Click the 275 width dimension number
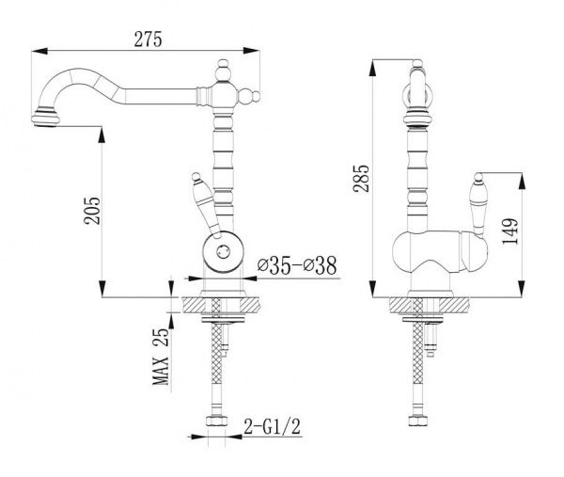(148, 39)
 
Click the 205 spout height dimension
(92, 210)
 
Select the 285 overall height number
(361, 179)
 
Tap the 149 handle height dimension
(510, 231)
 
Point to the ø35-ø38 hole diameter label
(297, 265)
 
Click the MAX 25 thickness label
(161, 357)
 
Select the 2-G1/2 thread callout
(272, 427)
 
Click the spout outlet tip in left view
(44, 119)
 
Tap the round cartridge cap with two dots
(224, 251)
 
